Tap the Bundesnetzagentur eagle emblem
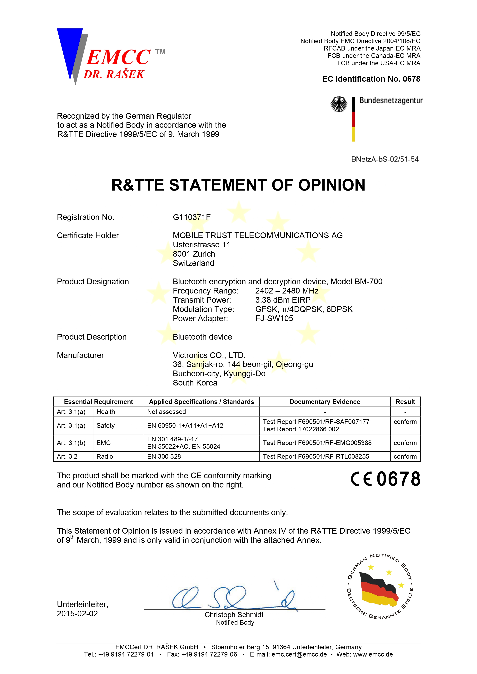339,104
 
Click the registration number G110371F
192,217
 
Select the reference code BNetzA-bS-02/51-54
385,159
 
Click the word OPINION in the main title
332,185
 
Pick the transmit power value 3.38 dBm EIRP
283,300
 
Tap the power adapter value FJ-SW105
274,318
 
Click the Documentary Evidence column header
325,402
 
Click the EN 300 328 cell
164,457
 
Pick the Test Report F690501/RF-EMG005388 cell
317,443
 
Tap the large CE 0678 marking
386,479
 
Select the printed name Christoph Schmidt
234,615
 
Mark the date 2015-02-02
77,614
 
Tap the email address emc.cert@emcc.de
299,654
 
